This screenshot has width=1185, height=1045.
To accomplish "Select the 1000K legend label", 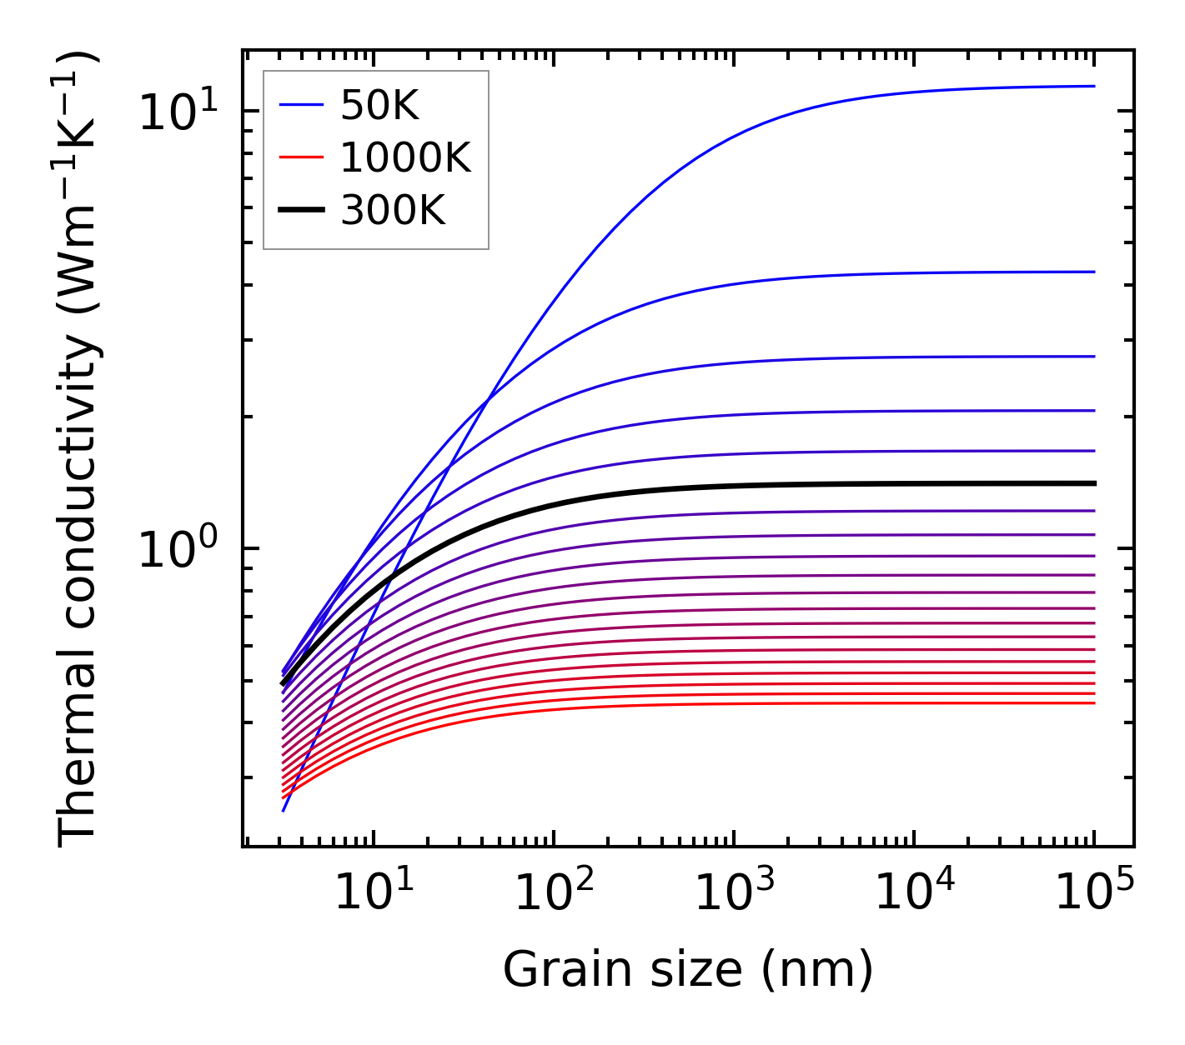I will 405,157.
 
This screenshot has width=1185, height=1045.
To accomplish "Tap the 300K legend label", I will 393,211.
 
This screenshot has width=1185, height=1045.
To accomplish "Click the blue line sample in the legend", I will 301,106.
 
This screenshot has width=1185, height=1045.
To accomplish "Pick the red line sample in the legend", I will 301,157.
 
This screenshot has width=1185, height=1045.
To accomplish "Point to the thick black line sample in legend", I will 301,211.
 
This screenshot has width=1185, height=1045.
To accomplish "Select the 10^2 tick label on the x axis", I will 554,893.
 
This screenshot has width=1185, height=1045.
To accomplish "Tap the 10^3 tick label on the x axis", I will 734,893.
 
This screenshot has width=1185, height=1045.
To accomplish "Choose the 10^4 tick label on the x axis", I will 915,893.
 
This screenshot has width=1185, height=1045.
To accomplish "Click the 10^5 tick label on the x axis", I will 1094,893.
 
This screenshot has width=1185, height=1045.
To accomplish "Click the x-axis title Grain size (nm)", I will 688,970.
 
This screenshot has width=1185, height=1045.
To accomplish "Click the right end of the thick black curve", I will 1093,483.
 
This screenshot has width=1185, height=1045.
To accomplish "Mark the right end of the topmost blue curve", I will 1093,86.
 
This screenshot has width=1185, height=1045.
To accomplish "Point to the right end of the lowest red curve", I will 1093,703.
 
